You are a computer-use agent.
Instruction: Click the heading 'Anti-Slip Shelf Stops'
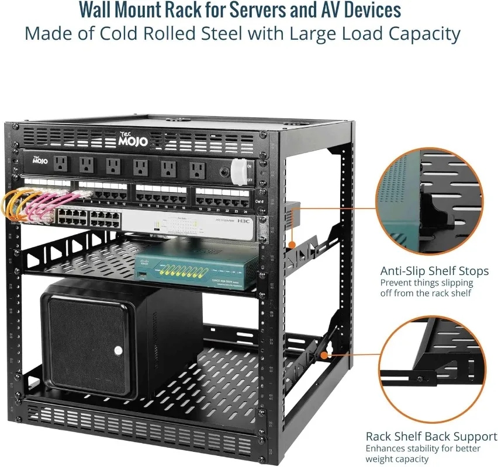434,271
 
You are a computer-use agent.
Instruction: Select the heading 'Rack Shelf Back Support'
431,437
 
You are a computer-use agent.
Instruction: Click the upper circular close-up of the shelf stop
430,199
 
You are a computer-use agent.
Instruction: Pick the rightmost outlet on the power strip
198,169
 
